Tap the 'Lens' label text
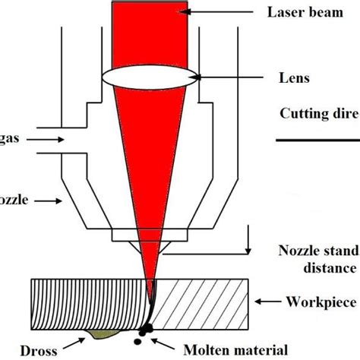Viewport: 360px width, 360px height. point(289,78)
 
